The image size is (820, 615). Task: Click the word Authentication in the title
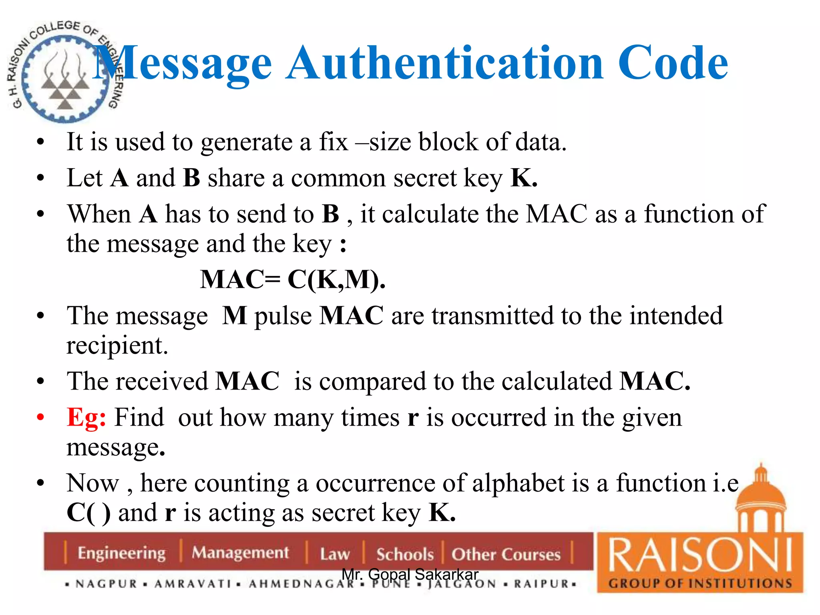click(x=444, y=63)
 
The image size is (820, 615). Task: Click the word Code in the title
click(x=673, y=63)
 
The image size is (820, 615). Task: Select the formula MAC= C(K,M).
click(x=293, y=279)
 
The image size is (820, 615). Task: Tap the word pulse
click(x=283, y=316)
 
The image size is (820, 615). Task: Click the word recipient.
click(x=117, y=346)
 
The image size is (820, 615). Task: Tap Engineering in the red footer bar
click(x=121, y=553)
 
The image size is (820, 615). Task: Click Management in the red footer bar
click(x=240, y=553)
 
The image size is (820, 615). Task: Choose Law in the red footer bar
click(x=335, y=554)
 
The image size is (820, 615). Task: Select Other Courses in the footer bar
click(x=506, y=554)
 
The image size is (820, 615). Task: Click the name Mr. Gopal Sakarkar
click(x=410, y=574)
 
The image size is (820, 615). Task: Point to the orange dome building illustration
click(x=760, y=500)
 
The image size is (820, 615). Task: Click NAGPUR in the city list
click(x=107, y=584)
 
